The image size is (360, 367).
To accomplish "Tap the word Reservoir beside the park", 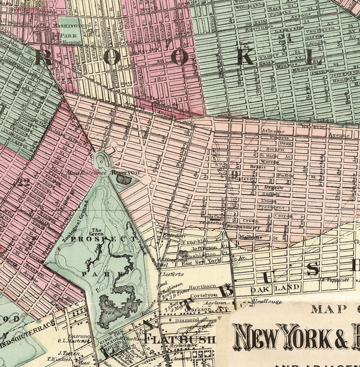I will [x=125, y=173].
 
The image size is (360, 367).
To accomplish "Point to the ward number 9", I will [x=234, y=174].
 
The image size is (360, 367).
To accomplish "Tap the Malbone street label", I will [x=251, y=237].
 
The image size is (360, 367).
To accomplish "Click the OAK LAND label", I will [x=275, y=288].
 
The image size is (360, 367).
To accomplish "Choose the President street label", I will [x=271, y=207].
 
